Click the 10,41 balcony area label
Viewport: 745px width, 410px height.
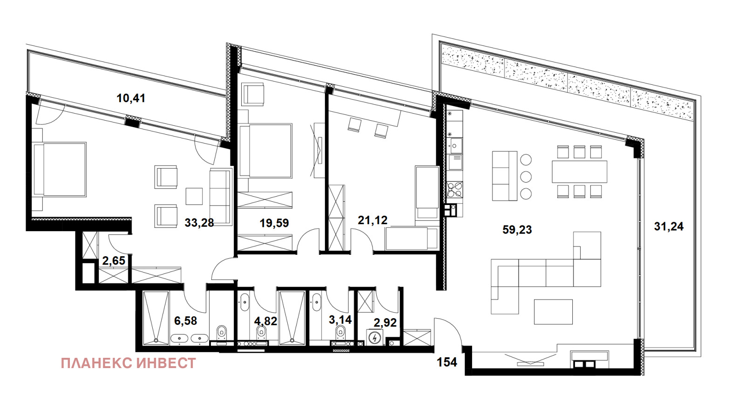tap(131, 98)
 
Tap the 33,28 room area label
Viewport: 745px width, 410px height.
tap(199, 222)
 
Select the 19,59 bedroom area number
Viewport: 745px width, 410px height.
tap(274, 223)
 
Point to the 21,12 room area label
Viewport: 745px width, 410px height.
tap(373, 220)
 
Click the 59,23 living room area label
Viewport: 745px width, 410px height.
tap(517, 230)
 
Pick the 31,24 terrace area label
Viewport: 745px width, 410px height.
tap(669, 226)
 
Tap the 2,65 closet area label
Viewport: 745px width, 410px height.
tap(114, 260)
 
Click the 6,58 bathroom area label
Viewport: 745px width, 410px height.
tap(186, 321)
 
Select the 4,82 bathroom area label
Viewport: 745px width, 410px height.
tap(266, 321)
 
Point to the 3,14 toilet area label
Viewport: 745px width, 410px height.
tap(340, 320)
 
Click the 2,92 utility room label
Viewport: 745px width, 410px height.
tap(385, 322)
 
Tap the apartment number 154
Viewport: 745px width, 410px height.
tap(447, 362)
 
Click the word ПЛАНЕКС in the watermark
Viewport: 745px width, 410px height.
tap(96, 363)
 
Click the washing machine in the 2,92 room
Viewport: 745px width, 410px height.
tap(375, 337)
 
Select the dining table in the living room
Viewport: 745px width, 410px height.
tap(579, 172)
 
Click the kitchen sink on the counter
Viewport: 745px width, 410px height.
tap(454, 145)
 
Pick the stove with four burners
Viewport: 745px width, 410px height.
tap(454, 190)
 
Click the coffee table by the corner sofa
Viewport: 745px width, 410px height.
tap(553, 312)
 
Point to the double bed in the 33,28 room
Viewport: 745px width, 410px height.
tap(60, 170)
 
